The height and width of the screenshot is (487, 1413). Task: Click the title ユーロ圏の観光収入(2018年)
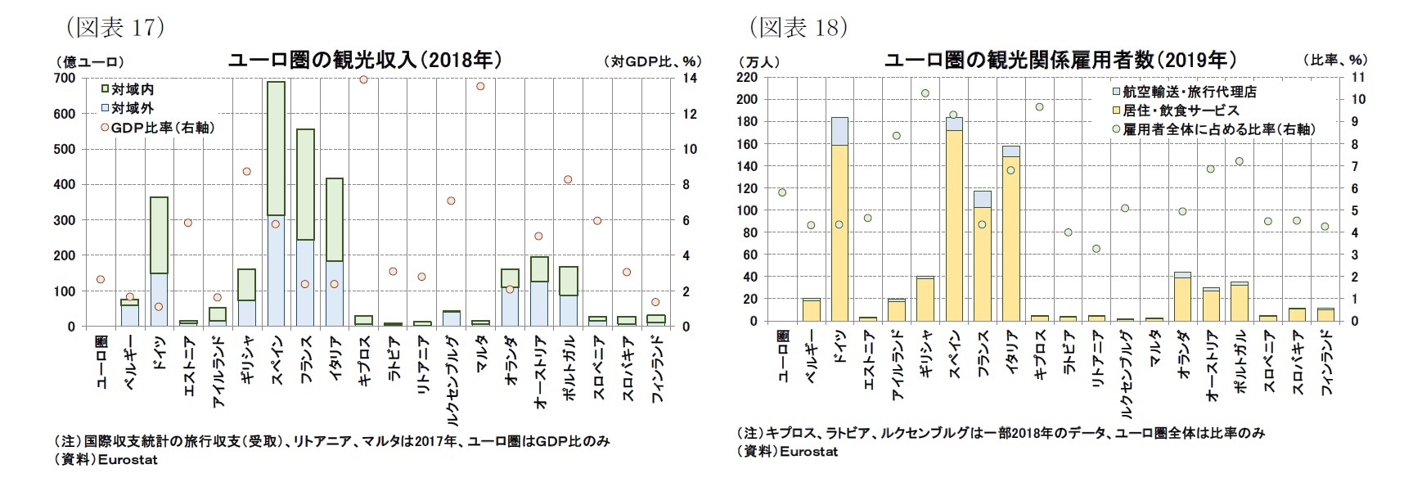click(363, 60)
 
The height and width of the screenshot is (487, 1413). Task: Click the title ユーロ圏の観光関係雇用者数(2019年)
click(1060, 60)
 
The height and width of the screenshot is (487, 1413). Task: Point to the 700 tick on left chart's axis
click(65, 78)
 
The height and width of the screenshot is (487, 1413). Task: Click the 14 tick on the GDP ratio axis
click(690, 78)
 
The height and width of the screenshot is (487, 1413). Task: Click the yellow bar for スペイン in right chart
click(953, 225)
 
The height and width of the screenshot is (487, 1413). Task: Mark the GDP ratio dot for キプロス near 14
click(363, 79)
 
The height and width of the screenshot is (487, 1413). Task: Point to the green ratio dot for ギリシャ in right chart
click(925, 93)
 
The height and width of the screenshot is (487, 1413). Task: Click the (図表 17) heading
click(115, 27)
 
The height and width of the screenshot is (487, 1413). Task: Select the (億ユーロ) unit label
click(90, 61)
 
